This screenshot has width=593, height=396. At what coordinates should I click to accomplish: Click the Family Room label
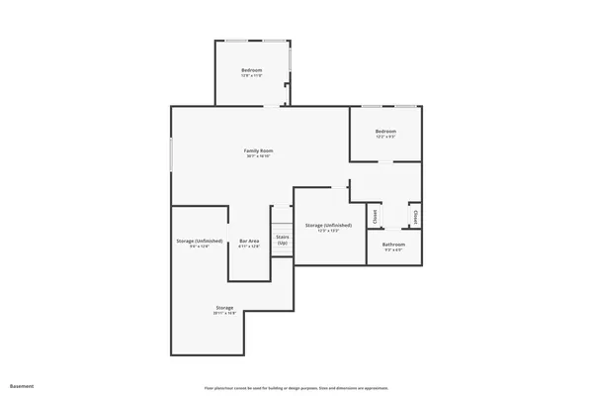tap(258, 150)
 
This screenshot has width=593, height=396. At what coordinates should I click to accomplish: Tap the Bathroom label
tap(394, 244)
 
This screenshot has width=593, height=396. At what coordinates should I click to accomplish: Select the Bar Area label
tap(249, 241)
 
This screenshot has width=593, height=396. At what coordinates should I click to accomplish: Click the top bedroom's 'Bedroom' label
tap(252, 70)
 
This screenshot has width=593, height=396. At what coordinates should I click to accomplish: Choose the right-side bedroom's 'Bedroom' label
tap(385, 132)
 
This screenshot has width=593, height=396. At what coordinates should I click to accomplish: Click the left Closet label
tap(376, 215)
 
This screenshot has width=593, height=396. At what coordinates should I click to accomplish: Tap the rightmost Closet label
tap(416, 215)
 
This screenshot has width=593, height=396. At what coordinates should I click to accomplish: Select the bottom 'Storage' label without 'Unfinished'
tap(224, 308)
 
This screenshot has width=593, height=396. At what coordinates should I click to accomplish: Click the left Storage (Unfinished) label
tap(199, 241)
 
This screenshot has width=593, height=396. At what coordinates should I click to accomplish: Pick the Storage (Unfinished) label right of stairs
tap(328, 226)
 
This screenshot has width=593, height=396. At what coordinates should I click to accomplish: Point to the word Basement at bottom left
tap(22, 385)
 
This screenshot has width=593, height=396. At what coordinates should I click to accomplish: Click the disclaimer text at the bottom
tap(296, 387)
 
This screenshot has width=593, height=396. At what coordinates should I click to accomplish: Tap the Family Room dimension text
tap(258, 156)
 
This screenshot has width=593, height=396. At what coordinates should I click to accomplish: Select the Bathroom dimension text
tap(394, 249)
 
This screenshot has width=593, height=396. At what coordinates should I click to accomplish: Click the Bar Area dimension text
tap(249, 247)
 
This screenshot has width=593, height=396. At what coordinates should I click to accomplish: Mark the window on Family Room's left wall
tap(171, 153)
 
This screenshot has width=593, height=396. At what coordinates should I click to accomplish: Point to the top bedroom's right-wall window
tap(291, 69)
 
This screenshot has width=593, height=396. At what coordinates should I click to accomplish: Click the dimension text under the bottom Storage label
tap(224, 314)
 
